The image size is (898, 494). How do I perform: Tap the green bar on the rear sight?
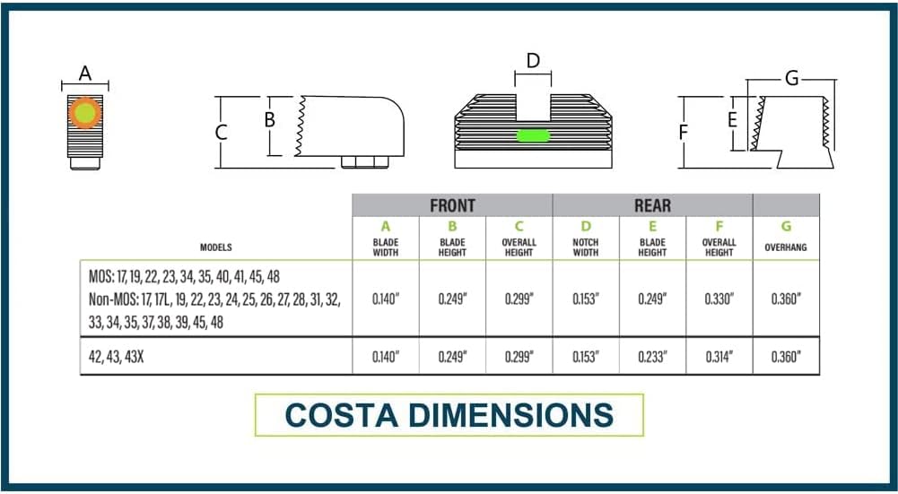533,135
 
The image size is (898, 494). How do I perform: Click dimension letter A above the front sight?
84,74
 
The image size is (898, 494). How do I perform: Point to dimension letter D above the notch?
533,60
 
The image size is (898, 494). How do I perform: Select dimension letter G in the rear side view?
791,78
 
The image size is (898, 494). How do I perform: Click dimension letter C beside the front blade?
221,132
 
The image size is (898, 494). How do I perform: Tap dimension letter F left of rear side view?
684,132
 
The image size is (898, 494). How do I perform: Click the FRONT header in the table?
452,205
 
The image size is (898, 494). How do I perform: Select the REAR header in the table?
652,205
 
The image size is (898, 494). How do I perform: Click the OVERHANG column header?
786,247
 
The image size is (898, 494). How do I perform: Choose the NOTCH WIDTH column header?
585,247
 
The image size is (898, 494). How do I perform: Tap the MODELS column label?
216,247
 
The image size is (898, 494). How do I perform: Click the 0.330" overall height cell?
719,299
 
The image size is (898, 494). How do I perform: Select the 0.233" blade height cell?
652,357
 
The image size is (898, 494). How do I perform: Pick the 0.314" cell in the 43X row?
719,357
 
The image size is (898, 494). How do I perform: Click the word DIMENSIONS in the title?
510,415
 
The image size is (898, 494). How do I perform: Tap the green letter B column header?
452,227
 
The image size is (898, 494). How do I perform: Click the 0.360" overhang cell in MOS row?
786,299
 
